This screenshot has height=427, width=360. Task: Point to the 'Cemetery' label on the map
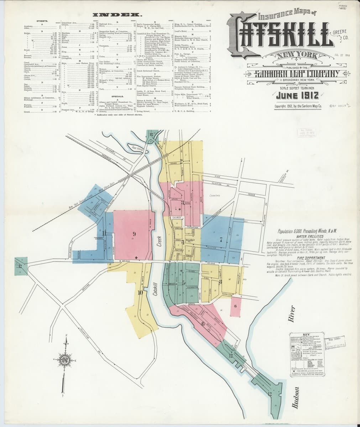pyautogui.click(x=215, y=195)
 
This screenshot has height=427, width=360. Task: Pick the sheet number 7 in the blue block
pyautogui.click(x=221, y=239)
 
